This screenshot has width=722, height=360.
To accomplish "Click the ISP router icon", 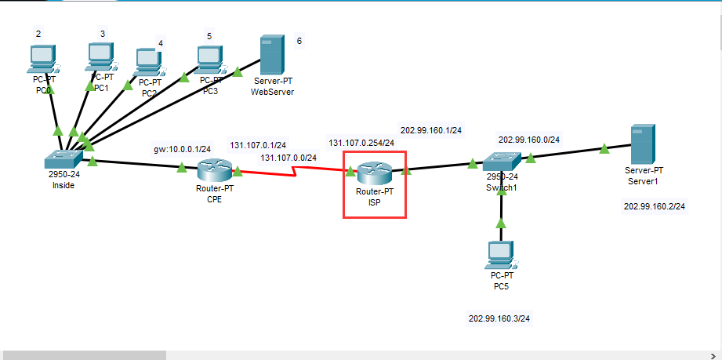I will (374, 173).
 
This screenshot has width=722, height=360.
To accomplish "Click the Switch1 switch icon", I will (501, 162).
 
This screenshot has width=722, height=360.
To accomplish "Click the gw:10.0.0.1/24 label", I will (183, 149).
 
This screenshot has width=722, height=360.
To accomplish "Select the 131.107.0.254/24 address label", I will (361, 143).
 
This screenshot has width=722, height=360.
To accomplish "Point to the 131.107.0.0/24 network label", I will (288, 158).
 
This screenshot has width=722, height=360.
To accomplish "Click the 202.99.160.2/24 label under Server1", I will (655, 206).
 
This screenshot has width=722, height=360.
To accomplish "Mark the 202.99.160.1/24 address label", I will (431, 130).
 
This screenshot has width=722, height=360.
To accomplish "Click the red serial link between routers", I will (294, 169).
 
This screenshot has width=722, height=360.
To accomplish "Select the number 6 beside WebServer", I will (299, 40).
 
